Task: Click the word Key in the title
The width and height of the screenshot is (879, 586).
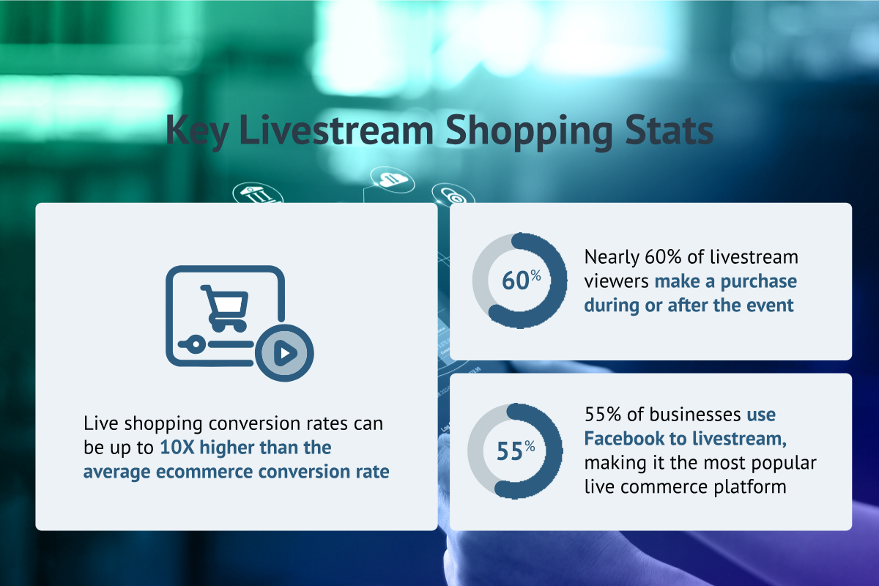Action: (197, 131)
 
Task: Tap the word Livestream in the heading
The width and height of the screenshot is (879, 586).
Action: (336, 130)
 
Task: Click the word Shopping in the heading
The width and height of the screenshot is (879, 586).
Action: (529, 132)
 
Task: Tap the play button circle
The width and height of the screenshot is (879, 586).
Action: (284, 353)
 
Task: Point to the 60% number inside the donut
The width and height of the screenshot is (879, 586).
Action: (521, 280)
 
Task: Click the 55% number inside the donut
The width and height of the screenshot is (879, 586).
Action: (516, 450)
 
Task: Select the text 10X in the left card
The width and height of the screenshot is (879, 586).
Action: (177, 448)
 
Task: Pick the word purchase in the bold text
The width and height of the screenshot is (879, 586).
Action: (759, 282)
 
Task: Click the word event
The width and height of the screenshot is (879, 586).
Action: (770, 305)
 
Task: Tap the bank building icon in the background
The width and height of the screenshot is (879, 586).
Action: (257, 193)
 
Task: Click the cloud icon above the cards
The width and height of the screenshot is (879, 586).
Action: (393, 179)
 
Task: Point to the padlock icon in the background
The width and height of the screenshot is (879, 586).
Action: (453, 193)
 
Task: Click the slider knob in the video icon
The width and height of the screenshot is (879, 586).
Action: (196, 344)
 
